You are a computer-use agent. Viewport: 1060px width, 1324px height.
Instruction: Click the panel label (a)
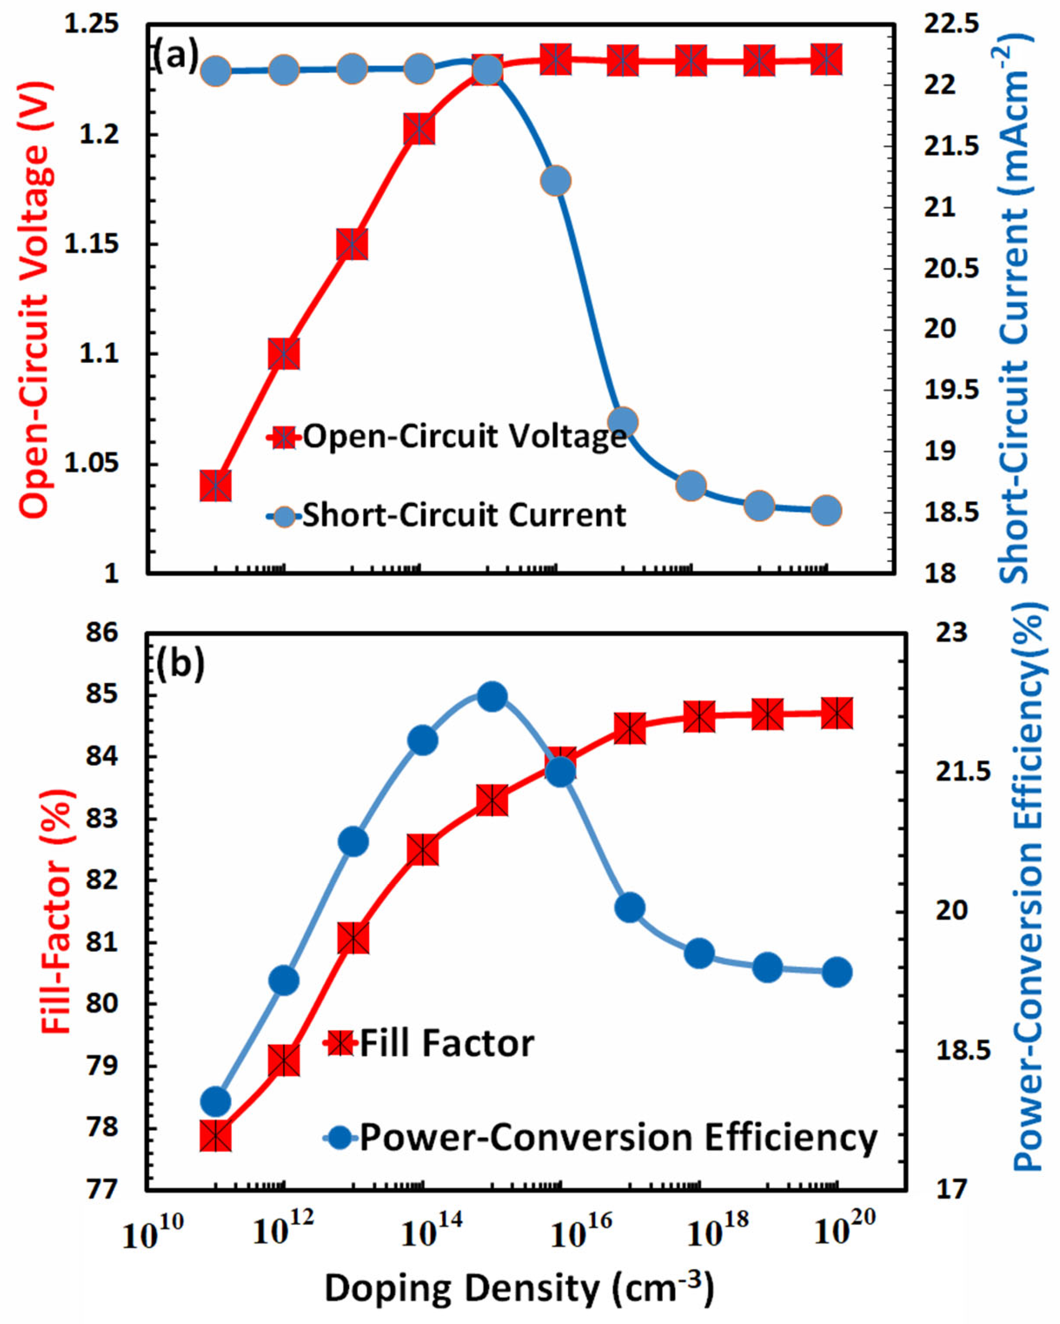click(176, 55)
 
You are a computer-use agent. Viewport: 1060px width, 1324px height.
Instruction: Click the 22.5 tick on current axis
click(951, 24)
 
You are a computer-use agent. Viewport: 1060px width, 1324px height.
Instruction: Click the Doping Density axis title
click(519, 1289)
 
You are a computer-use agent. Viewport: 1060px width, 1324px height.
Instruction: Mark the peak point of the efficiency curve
click(491, 696)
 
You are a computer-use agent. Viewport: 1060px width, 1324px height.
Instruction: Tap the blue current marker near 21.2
click(556, 181)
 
